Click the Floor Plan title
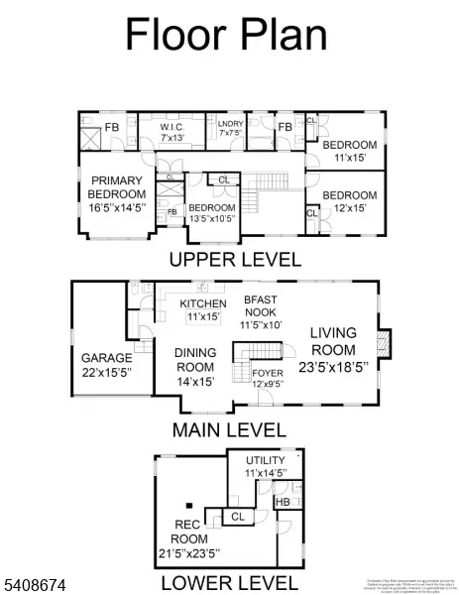[x=226, y=35]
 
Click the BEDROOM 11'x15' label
[x=349, y=150]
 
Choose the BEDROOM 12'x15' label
[x=349, y=201]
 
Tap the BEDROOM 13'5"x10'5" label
[x=210, y=213]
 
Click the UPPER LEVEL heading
[x=234, y=260]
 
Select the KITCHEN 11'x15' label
[x=202, y=309]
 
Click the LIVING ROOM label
[x=333, y=350]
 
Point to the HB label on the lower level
[x=283, y=501]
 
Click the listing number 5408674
[x=35, y=587]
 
